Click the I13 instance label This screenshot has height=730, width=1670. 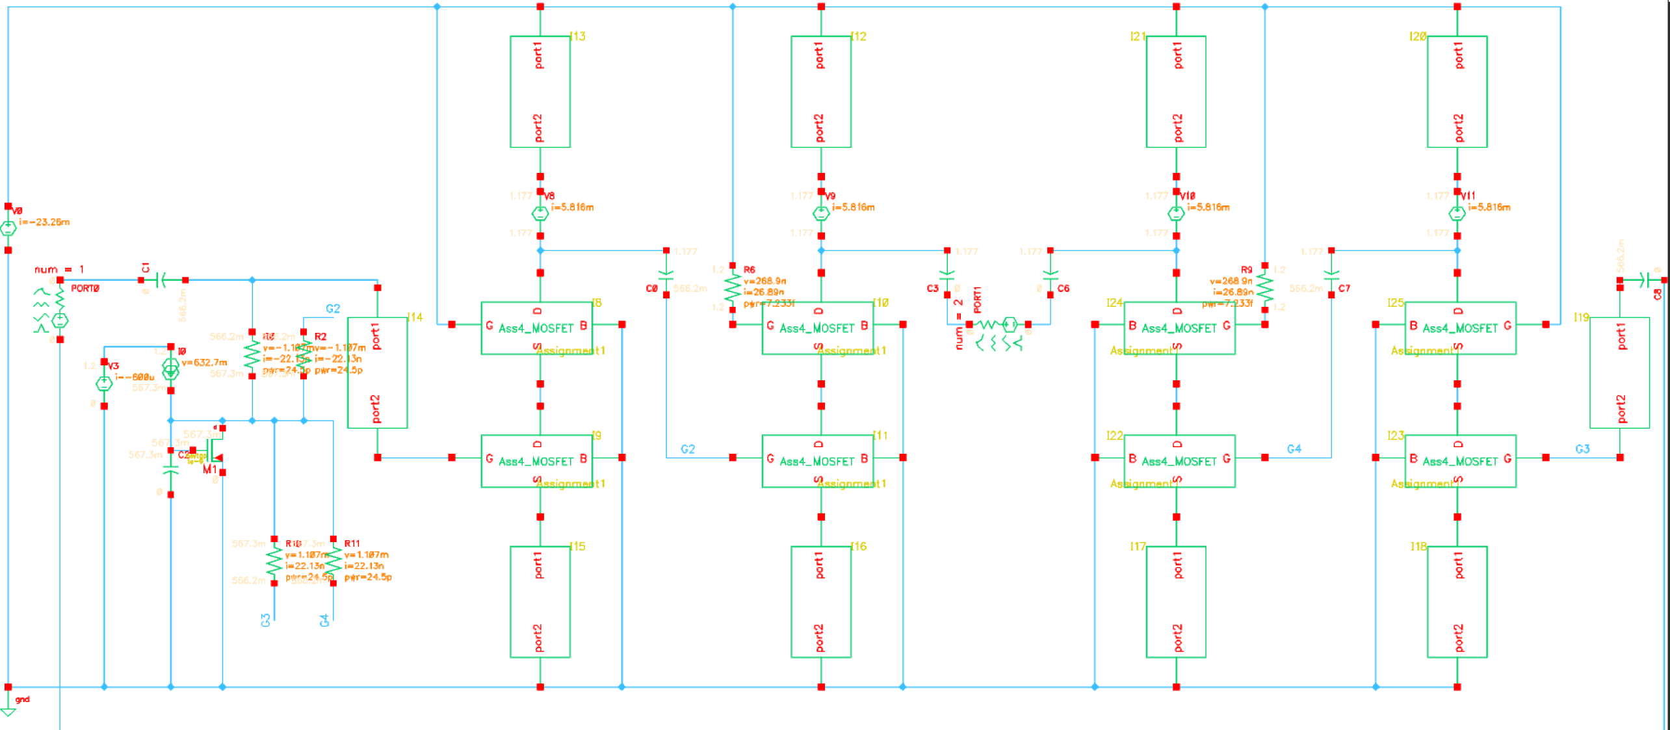577,36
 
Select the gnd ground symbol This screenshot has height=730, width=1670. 8,711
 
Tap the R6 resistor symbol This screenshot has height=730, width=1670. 733,287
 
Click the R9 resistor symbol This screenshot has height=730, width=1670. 1264,287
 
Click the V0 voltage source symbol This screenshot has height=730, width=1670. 8,228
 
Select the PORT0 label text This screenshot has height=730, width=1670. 85,289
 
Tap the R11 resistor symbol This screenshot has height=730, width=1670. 333,561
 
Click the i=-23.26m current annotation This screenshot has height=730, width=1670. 44,222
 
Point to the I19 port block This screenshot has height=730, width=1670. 1619,372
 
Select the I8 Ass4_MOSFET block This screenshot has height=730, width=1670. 536,328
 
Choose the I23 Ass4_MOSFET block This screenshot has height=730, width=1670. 1460,461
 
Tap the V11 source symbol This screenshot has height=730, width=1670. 1457,213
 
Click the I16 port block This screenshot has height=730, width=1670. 820,601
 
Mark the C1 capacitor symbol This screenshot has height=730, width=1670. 163,280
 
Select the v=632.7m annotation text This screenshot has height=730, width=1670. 204,362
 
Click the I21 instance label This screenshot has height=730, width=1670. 1137,36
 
